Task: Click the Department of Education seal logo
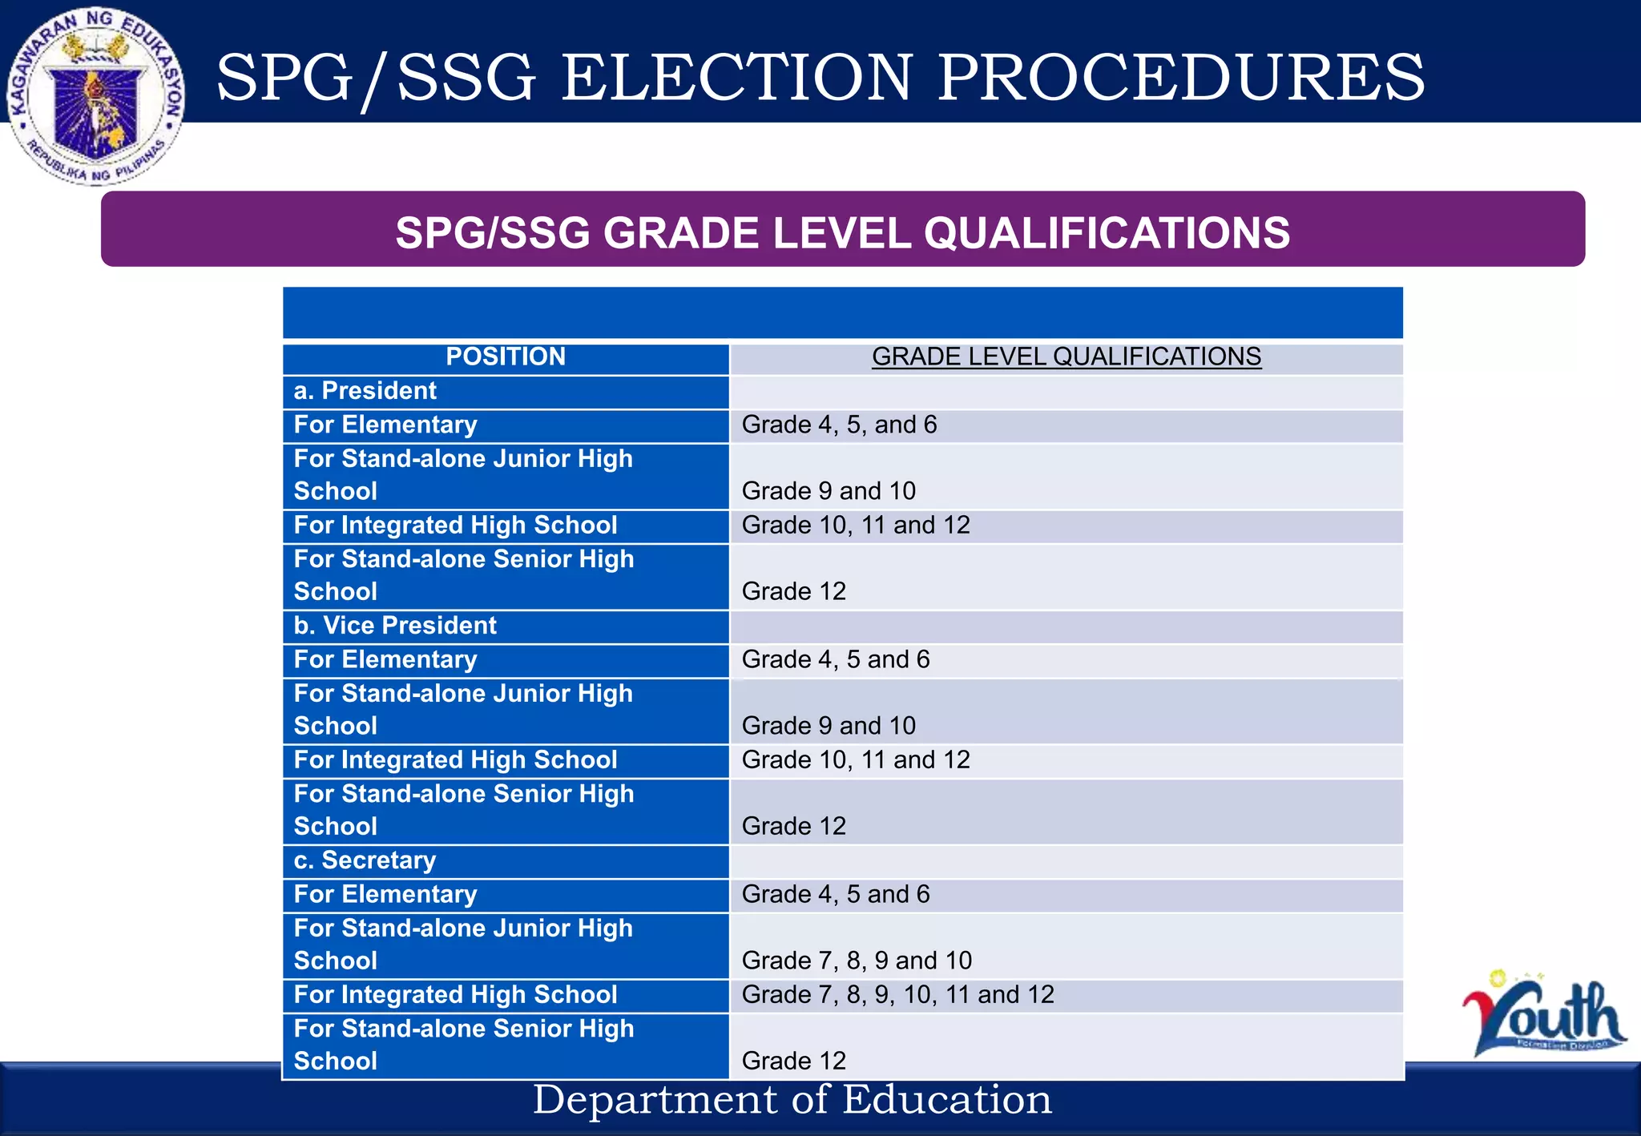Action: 96,96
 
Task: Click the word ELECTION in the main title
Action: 736,78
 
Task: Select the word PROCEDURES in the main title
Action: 1181,78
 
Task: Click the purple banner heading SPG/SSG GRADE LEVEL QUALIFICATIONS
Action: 842,232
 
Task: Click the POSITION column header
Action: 506,357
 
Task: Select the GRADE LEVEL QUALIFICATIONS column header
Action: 1066,357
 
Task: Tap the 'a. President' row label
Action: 365,391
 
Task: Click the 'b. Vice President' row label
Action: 395,626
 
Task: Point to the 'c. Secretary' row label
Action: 365,860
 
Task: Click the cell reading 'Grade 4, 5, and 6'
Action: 839,425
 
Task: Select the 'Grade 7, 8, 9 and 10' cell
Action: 857,960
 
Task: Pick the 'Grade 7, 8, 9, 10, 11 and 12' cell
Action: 897,994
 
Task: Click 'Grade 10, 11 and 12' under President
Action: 856,526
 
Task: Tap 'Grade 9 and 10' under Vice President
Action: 829,726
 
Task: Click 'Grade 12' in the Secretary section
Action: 793,1061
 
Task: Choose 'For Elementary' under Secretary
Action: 385,894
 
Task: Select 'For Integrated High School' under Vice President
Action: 455,759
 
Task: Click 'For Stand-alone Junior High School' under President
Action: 463,475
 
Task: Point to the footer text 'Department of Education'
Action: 792,1099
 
